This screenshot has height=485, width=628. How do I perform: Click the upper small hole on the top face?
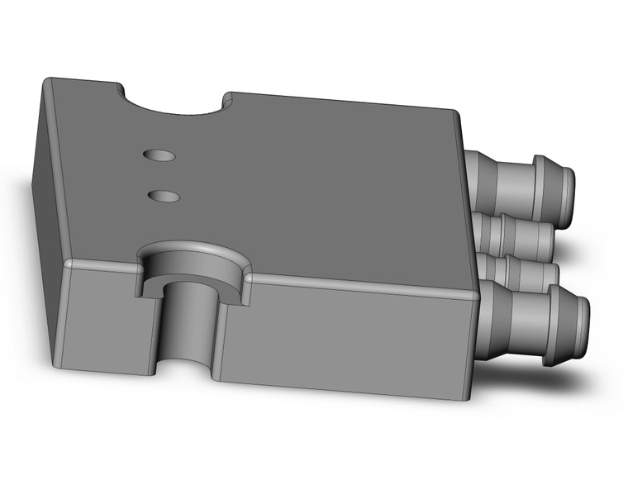[159, 155]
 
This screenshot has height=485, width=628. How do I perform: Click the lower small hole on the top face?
[164, 196]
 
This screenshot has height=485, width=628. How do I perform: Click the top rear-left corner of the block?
[48, 80]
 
